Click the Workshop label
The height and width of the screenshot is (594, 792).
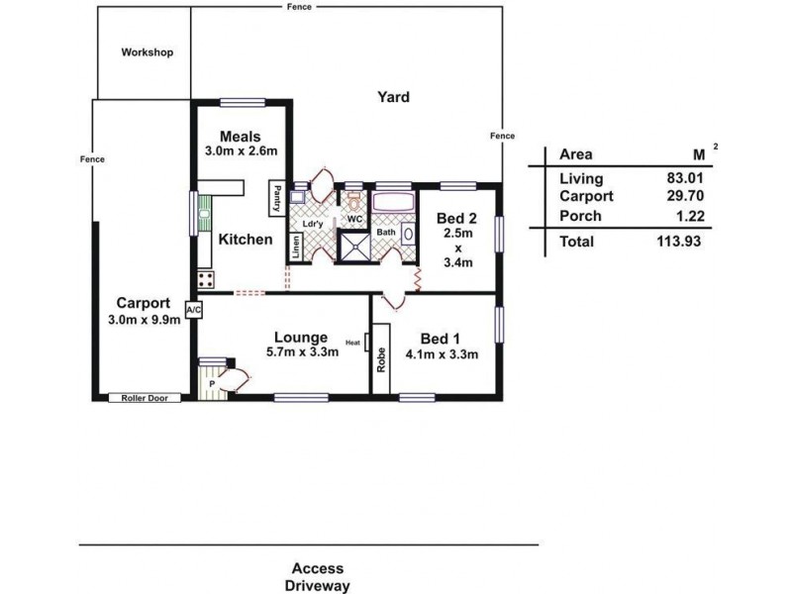147,52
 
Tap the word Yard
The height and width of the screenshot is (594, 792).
393,97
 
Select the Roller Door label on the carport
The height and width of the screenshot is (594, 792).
145,398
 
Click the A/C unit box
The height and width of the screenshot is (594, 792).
194,310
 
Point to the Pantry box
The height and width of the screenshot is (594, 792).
277,199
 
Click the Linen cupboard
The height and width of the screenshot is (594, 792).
295,247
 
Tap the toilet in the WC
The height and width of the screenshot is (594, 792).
354,202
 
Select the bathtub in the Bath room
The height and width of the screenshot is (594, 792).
394,202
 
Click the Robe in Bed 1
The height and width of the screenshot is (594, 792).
381,358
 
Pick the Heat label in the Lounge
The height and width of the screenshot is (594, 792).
352,343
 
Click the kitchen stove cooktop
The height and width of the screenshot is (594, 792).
206,280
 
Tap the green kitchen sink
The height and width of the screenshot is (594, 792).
204,213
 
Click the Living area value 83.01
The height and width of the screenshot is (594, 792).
685,178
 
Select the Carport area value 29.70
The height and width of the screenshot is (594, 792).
685,195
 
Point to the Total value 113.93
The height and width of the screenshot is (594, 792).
679,242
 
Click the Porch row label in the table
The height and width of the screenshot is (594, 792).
580,216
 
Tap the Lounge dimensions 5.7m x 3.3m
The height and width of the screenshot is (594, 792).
302,352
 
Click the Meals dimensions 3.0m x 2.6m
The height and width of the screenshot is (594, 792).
241,150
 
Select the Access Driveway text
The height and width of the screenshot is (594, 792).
318,577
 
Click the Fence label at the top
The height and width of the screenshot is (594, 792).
299,7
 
